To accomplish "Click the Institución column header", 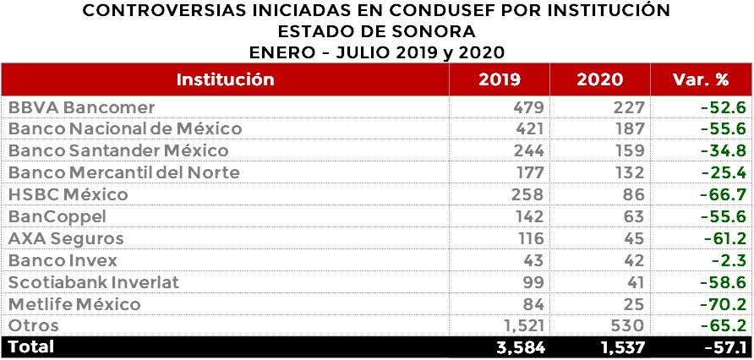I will tap(225, 80).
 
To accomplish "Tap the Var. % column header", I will tap(702, 80).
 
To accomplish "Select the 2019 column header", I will tap(500, 80).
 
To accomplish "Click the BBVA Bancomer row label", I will tap(82, 107).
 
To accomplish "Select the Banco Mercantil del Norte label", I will tap(124, 173).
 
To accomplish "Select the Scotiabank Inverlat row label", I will tap(94, 282).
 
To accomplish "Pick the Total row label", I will tap(30, 346).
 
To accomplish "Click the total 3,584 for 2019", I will tap(519, 347).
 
